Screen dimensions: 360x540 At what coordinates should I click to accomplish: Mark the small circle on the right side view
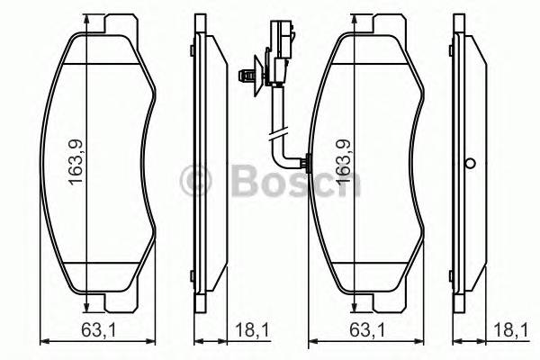pos(469,165)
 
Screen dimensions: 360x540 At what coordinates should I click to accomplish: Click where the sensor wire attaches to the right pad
pos(306,164)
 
